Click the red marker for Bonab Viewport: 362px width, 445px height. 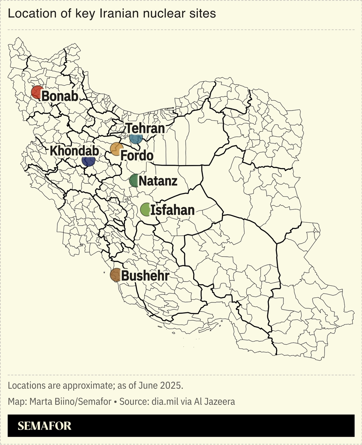(x=37, y=92)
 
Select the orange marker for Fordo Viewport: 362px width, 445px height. (x=116, y=149)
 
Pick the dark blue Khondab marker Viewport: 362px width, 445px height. (x=88, y=160)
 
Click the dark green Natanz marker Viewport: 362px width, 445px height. (x=134, y=181)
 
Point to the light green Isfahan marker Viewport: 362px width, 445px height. (x=145, y=209)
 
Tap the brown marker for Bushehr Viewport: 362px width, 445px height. (x=116, y=275)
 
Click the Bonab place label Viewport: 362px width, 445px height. (x=60, y=96)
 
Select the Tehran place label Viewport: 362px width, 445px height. (x=145, y=128)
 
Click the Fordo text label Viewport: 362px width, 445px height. (x=137, y=156)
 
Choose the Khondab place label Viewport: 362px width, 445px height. (x=74, y=151)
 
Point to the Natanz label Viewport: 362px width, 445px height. (x=158, y=181)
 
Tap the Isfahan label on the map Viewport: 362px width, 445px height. (x=172, y=210)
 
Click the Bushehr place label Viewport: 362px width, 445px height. (x=145, y=276)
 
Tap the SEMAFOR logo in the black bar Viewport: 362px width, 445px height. (x=44, y=426)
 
